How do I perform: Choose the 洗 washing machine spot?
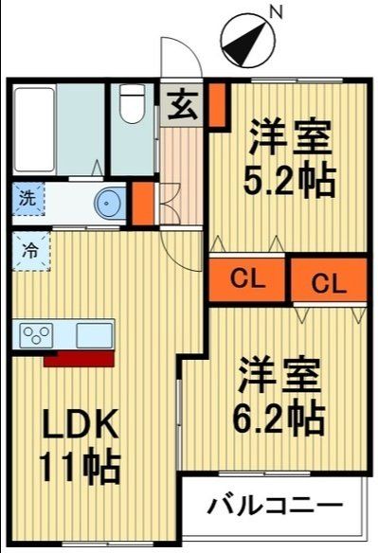coord(27,200)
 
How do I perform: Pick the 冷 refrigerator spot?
coord(30,252)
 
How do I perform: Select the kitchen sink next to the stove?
coord(94,334)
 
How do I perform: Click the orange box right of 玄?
coord(217,105)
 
